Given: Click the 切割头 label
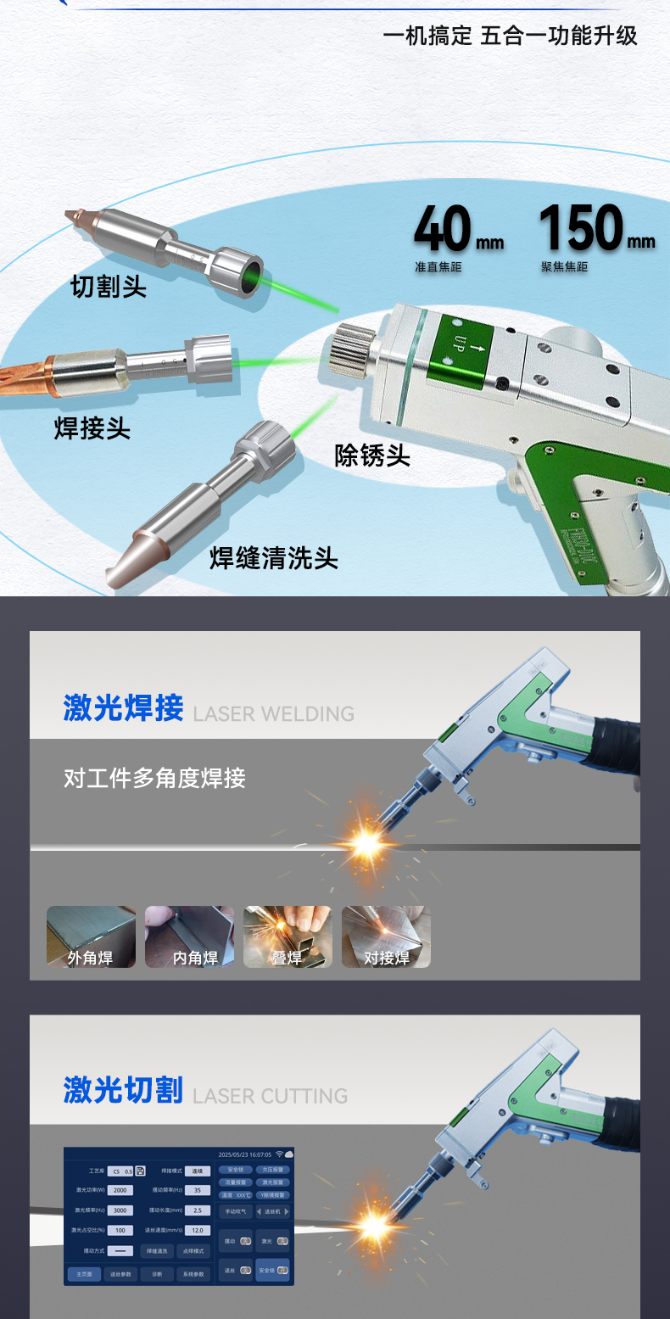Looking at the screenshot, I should coord(109,287).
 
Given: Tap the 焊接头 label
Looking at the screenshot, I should coord(92,428).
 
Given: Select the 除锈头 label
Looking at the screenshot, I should coord(372,456).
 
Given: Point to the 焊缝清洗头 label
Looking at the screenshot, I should coord(273,558).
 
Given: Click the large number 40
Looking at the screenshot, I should coord(442,228).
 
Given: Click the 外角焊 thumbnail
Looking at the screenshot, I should coord(90,936).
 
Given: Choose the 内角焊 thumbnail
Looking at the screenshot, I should coord(189,936).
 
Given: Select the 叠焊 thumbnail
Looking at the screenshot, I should coord(288,936).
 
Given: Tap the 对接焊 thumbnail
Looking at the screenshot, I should coord(386,936).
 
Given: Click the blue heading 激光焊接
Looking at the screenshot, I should coord(123,707).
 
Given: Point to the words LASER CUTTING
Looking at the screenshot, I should coord(271,1096).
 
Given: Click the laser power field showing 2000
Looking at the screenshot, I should coord(120,1190).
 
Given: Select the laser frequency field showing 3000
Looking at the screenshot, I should coord(120,1210).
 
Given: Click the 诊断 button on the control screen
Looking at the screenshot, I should coord(157,1274).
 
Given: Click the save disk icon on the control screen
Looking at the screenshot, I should coord(141,1171).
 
